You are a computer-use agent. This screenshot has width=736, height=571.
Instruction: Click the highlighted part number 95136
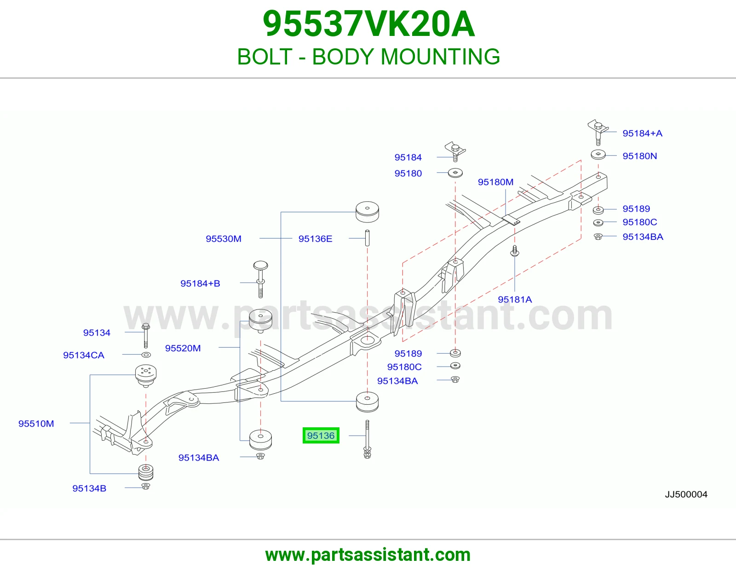point(321,435)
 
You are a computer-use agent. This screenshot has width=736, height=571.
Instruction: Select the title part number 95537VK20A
point(368,24)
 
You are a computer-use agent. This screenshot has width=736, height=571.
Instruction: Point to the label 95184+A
point(642,133)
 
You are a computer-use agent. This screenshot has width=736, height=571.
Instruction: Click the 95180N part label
point(639,156)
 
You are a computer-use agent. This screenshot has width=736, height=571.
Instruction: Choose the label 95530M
point(224,239)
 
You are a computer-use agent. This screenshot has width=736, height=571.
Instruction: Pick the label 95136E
point(315,239)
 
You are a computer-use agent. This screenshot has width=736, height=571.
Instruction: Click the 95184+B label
point(200,283)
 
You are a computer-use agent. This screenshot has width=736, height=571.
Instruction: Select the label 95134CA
point(84,355)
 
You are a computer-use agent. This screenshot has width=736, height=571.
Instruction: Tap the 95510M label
point(36,424)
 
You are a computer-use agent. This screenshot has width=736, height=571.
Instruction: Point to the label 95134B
point(89,488)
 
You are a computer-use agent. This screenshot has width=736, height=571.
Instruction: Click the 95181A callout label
point(515,299)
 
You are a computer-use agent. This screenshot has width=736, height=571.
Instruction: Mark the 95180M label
point(495,182)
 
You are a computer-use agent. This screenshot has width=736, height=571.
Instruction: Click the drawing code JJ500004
point(686,495)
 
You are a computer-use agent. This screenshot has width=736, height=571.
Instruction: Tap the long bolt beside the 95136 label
point(367,439)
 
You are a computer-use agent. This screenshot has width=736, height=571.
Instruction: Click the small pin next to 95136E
point(367,238)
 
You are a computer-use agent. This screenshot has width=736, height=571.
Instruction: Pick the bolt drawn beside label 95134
point(146,336)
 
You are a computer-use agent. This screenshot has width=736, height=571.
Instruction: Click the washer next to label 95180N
point(598,155)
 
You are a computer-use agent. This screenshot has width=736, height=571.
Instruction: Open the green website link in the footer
point(368,555)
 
